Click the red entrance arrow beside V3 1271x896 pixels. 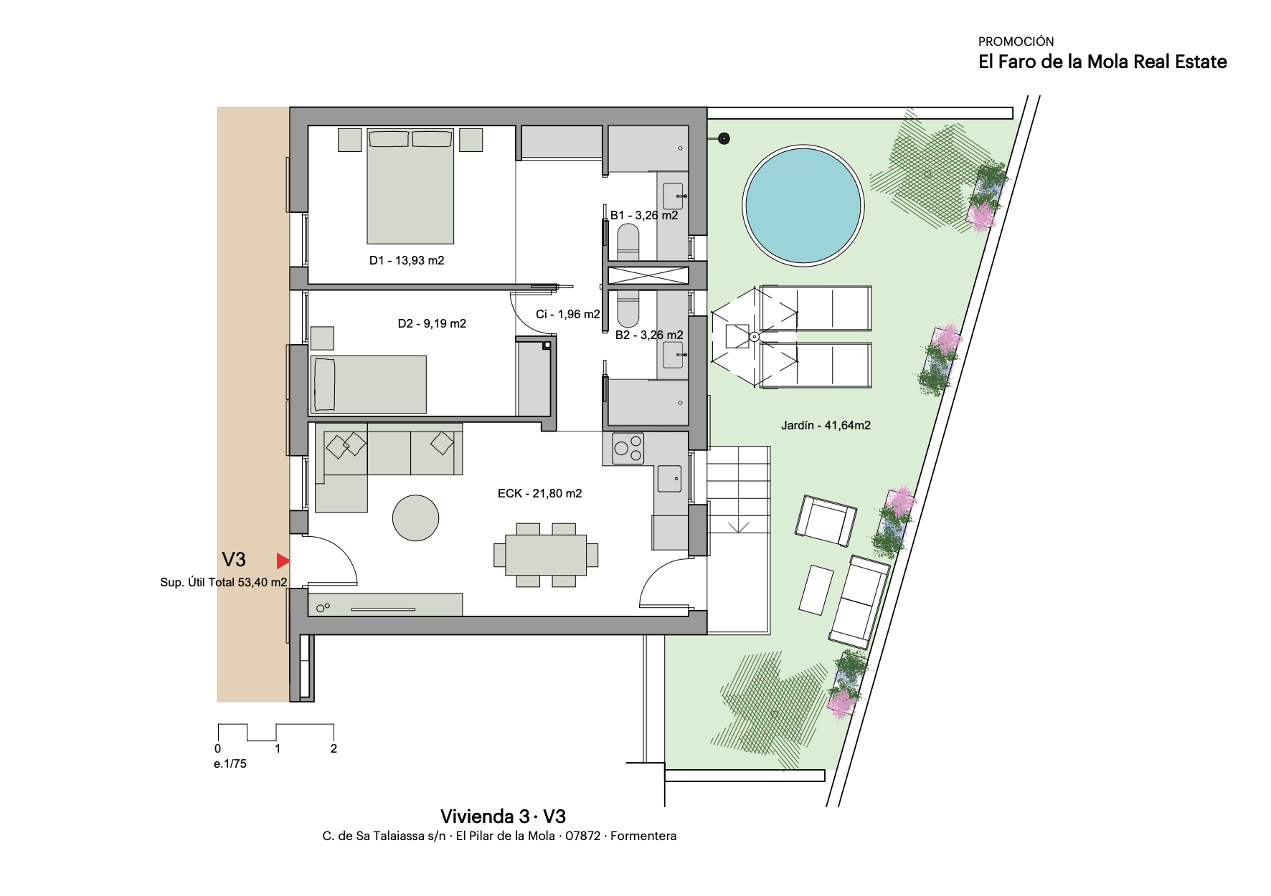[x=283, y=561]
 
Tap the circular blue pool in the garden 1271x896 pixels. [x=803, y=206]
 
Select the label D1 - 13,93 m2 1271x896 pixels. [x=407, y=260]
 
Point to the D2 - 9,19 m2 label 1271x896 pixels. [x=432, y=323]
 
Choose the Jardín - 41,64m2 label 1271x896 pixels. [x=826, y=425]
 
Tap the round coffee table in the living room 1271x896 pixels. [x=415, y=518]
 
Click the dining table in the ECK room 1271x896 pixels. [x=546, y=556]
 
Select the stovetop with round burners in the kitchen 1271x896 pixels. [x=628, y=448]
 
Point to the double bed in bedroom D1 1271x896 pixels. [x=410, y=186]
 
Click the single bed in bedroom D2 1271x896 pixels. [x=369, y=384]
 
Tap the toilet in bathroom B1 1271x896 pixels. [x=628, y=242]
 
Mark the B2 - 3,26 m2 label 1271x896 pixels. [x=649, y=335]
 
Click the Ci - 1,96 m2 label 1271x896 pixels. [x=567, y=314]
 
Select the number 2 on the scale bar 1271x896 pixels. [x=334, y=748]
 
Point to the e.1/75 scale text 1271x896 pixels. [x=230, y=764]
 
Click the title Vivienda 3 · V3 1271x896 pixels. [x=503, y=816]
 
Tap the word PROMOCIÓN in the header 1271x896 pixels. [x=1016, y=42]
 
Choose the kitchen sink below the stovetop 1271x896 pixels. [x=669, y=479]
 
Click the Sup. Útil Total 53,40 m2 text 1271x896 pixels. [x=224, y=582]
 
